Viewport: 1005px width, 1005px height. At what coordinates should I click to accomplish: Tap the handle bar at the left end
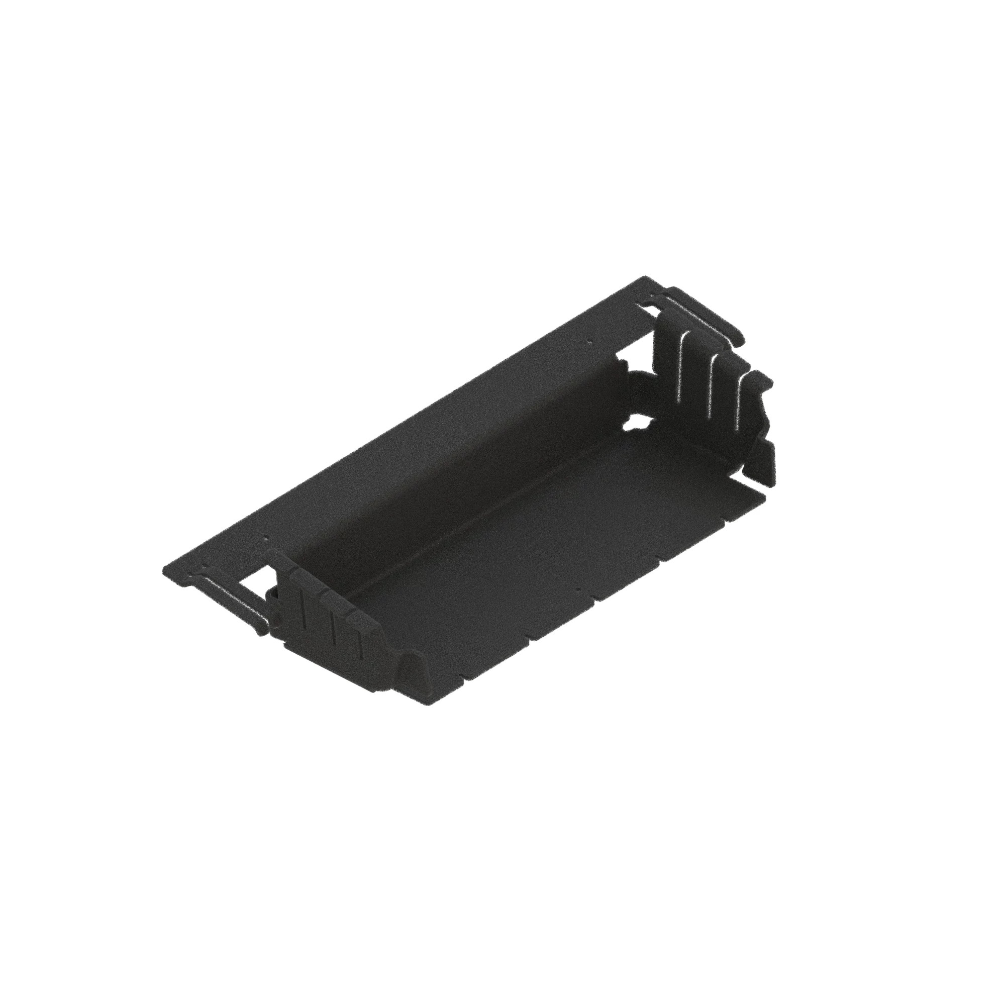tap(229, 598)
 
